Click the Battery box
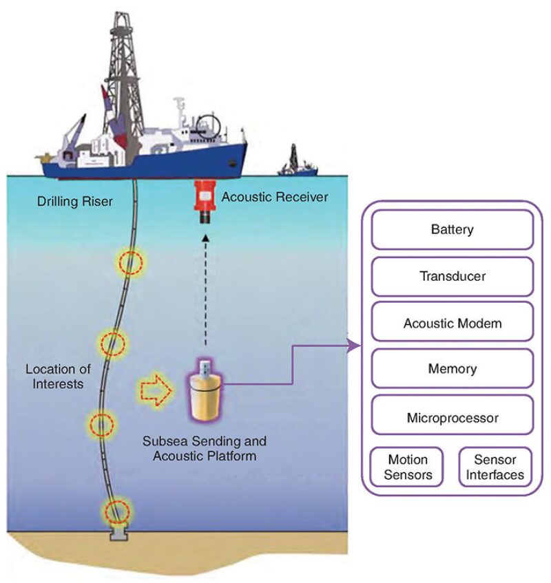453,229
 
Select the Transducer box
453,276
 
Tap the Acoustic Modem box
453,323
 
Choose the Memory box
453,369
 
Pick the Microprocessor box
453,417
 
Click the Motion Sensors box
408,467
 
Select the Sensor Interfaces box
496,467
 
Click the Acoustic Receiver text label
275,198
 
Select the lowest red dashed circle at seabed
116,511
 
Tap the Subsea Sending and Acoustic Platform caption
204,448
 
